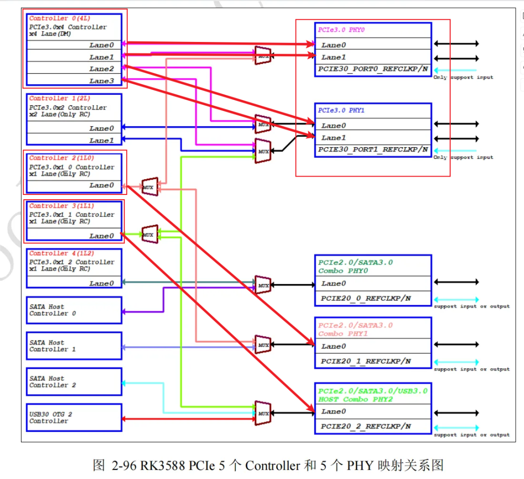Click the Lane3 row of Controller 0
(x=74, y=81)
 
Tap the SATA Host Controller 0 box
(x=74, y=310)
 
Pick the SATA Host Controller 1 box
(x=74, y=346)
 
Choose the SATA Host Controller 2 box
(x=74, y=382)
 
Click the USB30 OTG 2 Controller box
(x=74, y=418)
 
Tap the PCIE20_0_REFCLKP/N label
(x=366, y=299)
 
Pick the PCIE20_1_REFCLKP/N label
(x=366, y=362)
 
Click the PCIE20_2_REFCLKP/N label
(x=366, y=427)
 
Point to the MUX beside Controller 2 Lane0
(x=149, y=187)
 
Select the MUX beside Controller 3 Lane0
(x=149, y=234)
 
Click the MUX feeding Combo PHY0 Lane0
(x=263, y=286)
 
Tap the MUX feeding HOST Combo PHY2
(x=263, y=413)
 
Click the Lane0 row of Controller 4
(x=74, y=284)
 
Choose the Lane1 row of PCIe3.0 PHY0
(x=373, y=58)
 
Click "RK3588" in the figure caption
(x=159, y=465)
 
